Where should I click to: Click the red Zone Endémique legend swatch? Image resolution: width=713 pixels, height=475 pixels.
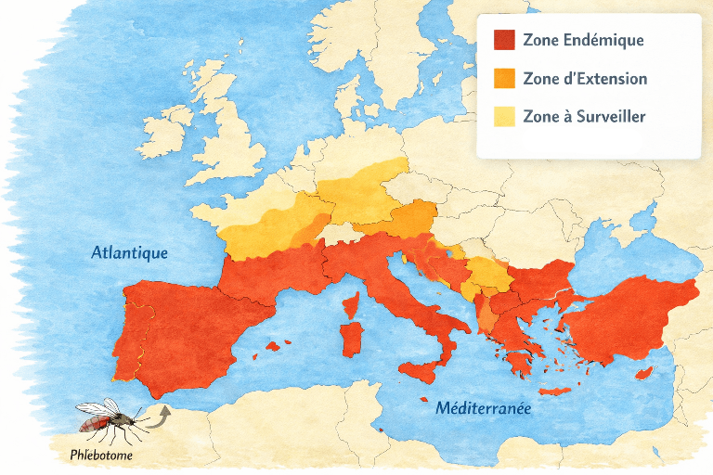503,41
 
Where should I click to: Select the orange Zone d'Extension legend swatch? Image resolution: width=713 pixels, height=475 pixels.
503,79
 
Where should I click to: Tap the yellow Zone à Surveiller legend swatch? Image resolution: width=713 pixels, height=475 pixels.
503,117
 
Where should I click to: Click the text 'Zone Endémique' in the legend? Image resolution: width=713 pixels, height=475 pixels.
583,41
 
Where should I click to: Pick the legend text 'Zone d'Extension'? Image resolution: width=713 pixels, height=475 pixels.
585,79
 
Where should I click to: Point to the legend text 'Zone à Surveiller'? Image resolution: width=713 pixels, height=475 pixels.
584,117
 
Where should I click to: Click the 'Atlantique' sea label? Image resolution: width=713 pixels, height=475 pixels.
129,252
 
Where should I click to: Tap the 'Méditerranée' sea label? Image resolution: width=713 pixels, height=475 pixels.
483,407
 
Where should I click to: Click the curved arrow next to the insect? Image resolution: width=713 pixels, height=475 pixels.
159,414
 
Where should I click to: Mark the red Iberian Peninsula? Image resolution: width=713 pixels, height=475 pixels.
176,325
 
